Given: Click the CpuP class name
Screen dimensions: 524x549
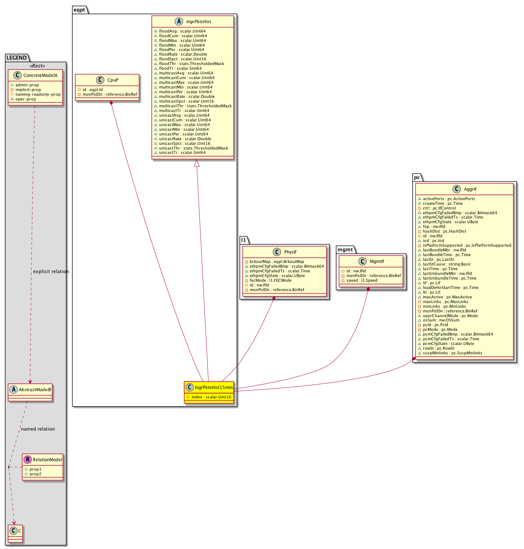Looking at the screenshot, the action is coord(113,80).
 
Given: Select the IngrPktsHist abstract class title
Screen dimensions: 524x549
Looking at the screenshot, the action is coord(199,22).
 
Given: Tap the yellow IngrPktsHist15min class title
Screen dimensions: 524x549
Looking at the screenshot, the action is coord(214,388).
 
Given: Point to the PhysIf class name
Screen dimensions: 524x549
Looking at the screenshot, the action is coord(291,252).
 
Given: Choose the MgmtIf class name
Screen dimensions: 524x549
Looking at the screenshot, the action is coord(377,261).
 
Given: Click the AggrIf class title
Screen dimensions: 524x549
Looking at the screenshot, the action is coord(470,189).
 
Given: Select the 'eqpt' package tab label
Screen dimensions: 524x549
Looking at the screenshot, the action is coord(79,10).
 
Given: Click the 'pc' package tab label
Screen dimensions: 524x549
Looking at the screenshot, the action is coord(417,177).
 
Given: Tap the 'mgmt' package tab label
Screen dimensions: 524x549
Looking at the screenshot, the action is coord(345,250).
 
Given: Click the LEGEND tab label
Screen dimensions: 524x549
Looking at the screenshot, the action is coord(17,58).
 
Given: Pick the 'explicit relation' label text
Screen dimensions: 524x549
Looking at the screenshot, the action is coord(51,271).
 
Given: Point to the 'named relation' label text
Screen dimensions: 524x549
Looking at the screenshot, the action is coord(38,429).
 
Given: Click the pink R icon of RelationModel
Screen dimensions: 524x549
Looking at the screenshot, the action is coord(27,459).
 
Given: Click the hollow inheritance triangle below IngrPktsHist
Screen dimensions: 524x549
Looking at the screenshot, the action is coord(197,163).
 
